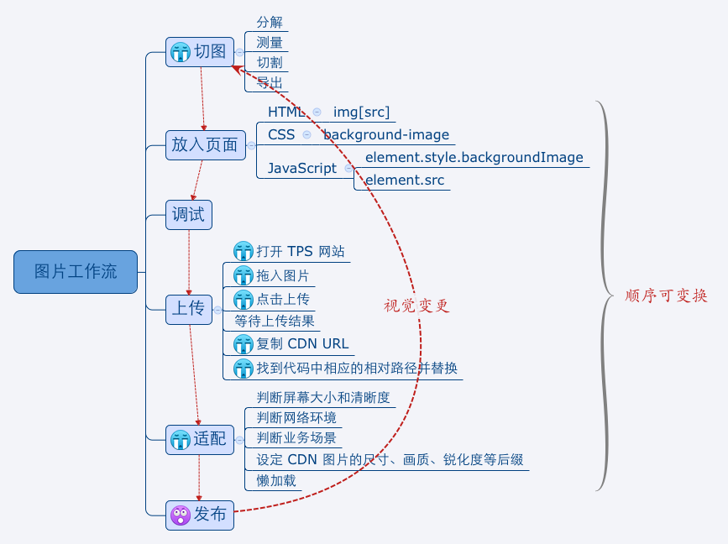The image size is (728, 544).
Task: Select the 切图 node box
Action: [x=199, y=52]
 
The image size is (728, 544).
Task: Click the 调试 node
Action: [x=188, y=215]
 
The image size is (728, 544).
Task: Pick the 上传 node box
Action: [x=188, y=308]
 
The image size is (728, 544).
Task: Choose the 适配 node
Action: [x=199, y=438]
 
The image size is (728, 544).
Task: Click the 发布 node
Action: [x=199, y=515]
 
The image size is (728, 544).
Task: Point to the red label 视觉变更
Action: [x=416, y=306]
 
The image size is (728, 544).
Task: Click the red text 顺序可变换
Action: [x=666, y=296]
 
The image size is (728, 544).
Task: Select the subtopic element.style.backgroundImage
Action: [x=474, y=158]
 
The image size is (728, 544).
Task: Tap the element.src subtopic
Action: [x=405, y=180]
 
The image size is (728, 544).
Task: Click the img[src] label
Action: [x=361, y=112]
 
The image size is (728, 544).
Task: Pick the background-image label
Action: [x=386, y=134]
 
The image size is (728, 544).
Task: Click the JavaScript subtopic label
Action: [x=301, y=168]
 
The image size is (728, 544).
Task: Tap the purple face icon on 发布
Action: [x=181, y=515]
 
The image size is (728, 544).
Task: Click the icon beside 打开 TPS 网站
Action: [x=244, y=251]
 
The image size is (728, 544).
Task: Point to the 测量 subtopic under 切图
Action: [x=269, y=42]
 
